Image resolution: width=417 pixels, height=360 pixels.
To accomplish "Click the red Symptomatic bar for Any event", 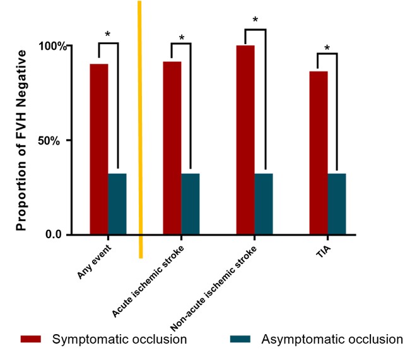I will tap(99, 149).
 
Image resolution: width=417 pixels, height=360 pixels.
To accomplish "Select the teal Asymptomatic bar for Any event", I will tap(117, 203).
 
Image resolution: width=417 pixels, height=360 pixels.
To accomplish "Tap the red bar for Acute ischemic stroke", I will tap(172, 148).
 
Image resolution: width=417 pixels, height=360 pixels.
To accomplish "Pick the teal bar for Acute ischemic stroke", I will tap(191, 203).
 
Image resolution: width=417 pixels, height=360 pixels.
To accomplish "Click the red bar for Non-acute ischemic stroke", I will tap(245, 140).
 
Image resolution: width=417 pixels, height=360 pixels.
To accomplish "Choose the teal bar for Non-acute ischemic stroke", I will tap(264, 203).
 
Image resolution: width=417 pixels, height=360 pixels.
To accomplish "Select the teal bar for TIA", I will tap(337, 203).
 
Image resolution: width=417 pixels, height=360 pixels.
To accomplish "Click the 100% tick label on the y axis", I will tap(52, 46).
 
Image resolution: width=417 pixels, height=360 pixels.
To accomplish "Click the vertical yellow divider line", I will tap(140, 126).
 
